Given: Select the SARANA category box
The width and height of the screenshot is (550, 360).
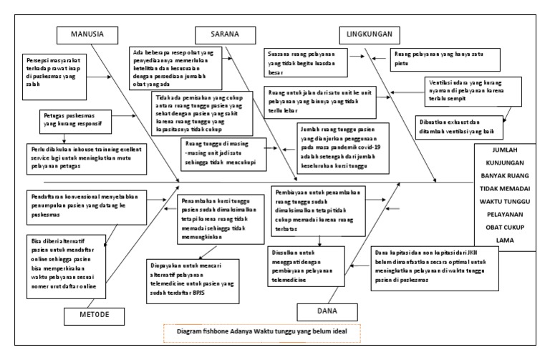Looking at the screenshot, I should (224, 34).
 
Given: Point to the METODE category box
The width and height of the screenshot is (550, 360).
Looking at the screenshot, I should (100, 313).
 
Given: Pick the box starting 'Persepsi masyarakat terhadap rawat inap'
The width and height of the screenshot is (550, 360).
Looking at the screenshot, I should (58, 69).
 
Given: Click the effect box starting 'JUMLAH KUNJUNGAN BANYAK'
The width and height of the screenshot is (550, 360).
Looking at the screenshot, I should (508, 196).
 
